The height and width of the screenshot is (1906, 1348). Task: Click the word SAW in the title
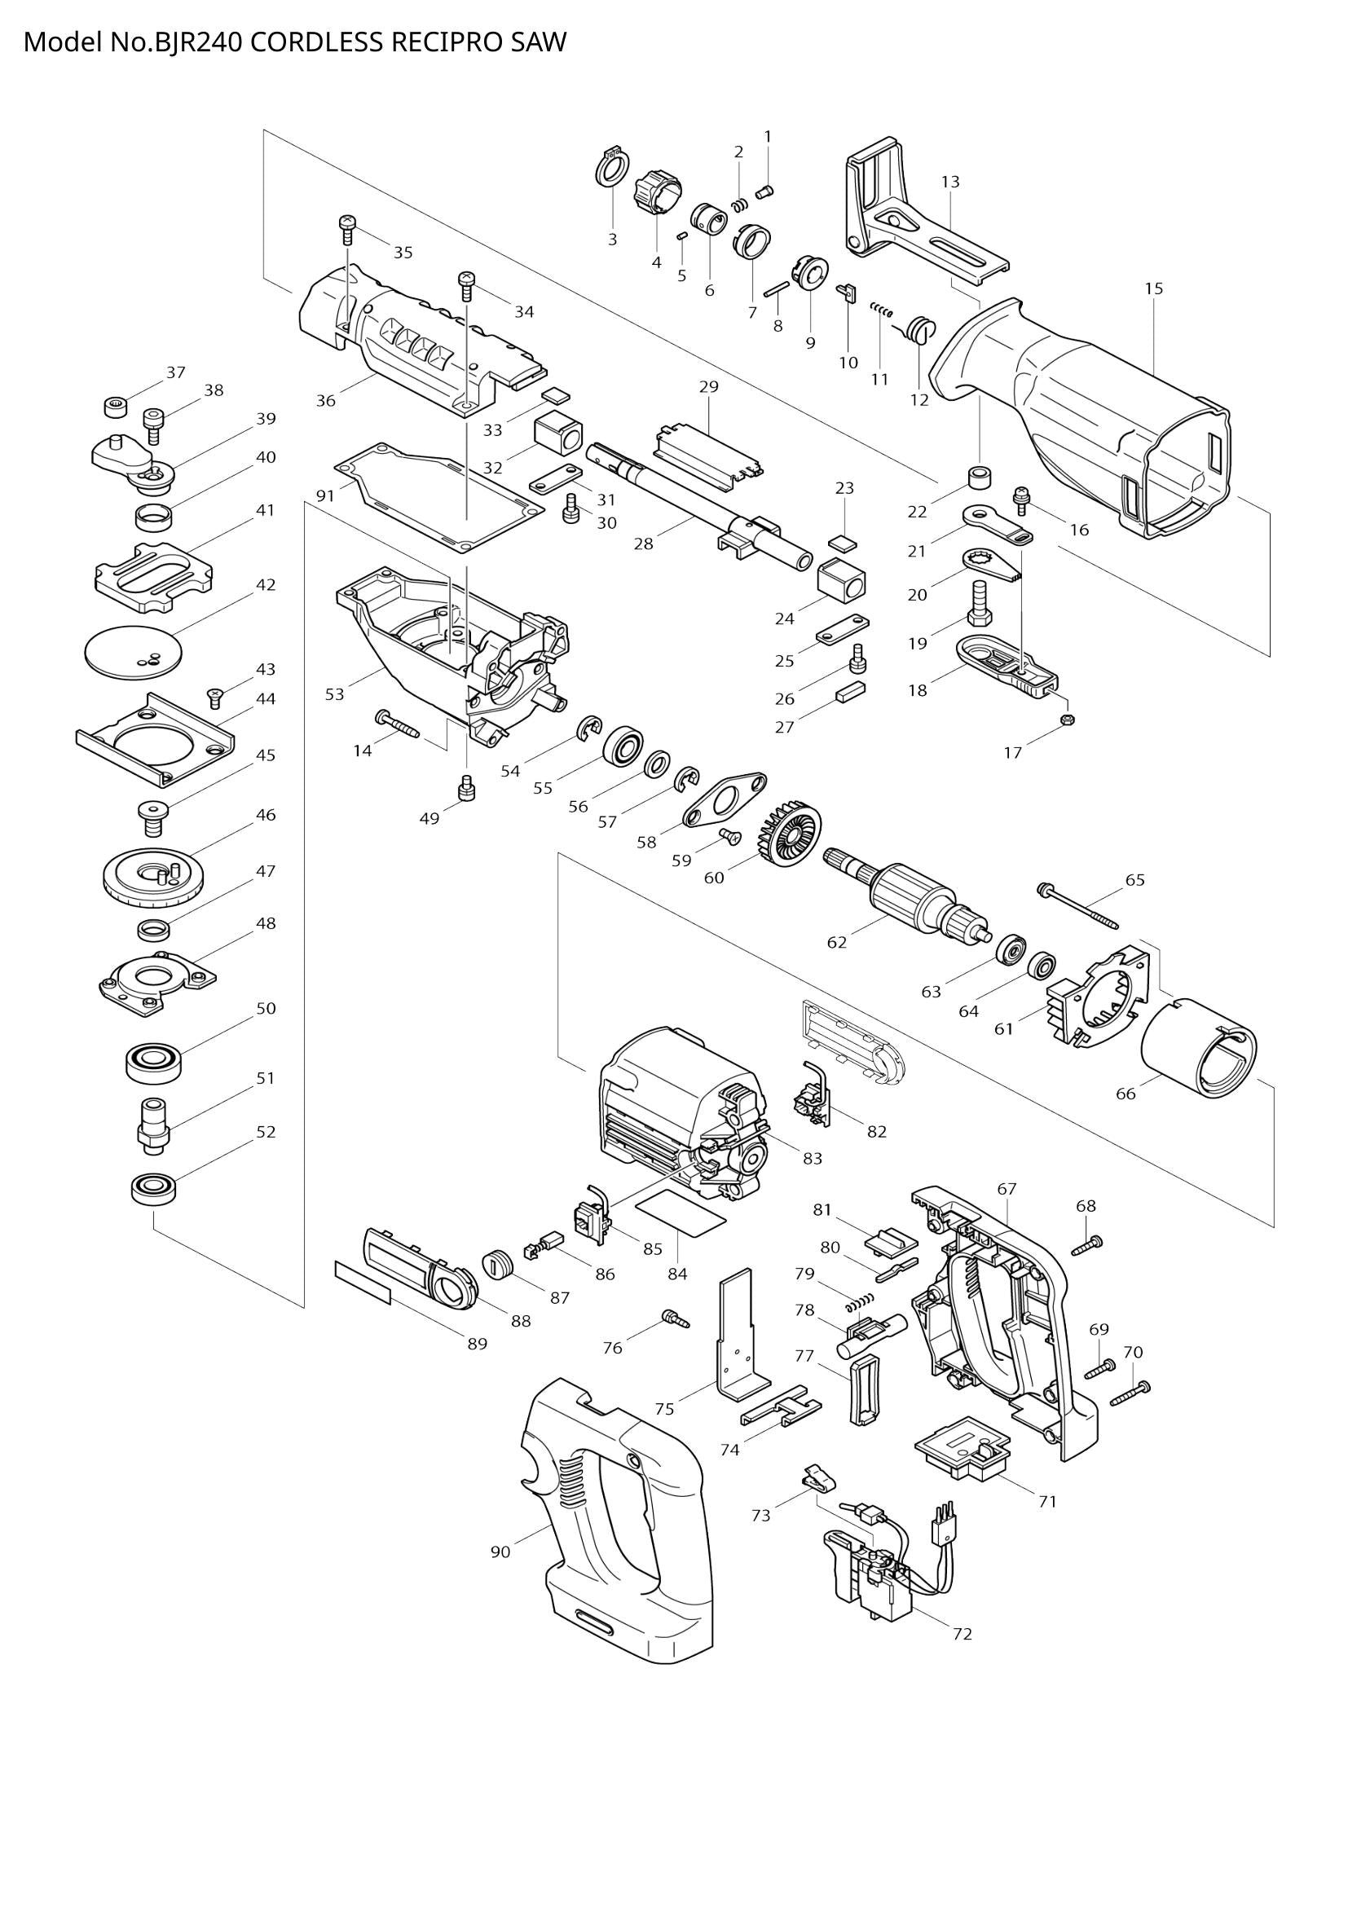(538, 42)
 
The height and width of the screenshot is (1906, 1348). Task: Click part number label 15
(1154, 289)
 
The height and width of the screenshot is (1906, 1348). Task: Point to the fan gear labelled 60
(789, 839)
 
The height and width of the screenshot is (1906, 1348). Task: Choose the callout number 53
(334, 694)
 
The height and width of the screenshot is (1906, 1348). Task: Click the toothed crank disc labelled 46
(153, 878)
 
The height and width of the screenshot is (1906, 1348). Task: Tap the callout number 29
(708, 386)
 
